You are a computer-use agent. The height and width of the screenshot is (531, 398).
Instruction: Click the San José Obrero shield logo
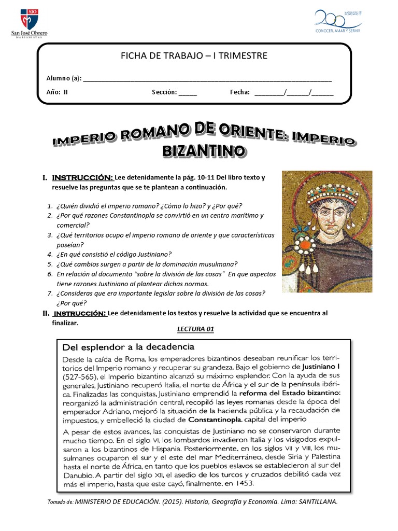click(x=29, y=19)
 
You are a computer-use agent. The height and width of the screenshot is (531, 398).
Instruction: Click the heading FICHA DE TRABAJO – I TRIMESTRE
click(x=194, y=55)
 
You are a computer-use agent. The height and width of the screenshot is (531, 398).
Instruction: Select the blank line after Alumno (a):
click(x=207, y=79)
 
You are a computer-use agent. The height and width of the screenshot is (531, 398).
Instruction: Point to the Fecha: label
click(x=240, y=92)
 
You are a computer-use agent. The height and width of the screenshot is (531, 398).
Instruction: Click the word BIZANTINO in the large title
click(x=204, y=151)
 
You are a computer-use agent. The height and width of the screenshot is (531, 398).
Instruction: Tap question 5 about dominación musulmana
click(x=146, y=264)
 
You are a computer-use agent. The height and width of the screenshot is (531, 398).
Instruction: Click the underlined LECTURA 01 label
click(x=195, y=329)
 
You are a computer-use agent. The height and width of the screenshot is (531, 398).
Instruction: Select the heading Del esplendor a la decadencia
click(x=128, y=346)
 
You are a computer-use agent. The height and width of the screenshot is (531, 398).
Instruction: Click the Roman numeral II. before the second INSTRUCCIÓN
click(x=46, y=314)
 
